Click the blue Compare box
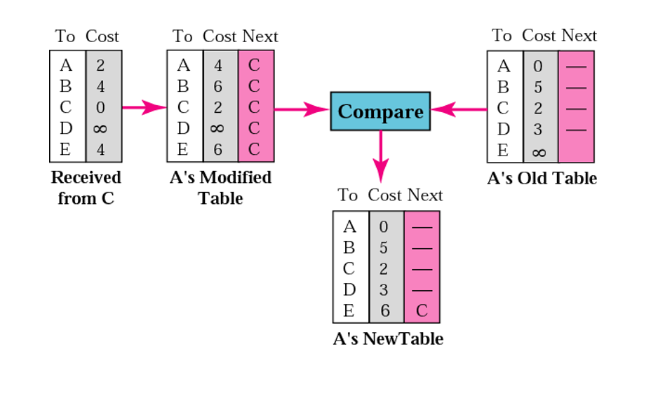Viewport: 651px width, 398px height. [x=380, y=111]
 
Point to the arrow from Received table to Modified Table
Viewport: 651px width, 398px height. [x=144, y=107]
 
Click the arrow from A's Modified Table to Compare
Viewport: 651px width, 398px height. [x=302, y=109]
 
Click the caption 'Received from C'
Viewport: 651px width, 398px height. [x=86, y=188]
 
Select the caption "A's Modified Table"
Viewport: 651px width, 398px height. [x=220, y=188]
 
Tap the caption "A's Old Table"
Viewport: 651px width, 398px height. [x=542, y=178]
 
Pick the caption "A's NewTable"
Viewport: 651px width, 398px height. [x=388, y=339]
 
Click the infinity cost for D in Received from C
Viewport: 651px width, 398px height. [x=100, y=128]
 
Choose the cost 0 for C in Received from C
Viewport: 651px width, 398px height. [x=100, y=107]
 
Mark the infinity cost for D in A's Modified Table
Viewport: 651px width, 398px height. [x=217, y=128]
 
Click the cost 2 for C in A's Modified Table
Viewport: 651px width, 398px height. [x=217, y=107]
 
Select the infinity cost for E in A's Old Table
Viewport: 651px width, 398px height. [x=538, y=151]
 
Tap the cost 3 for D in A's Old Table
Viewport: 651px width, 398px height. [x=538, y=130]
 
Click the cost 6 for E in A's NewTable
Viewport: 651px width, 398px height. [x=384, y=310]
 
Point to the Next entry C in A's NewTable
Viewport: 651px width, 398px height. [x=422, y=310]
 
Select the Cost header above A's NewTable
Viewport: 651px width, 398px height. [x=384, y=195]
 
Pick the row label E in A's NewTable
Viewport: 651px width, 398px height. [x=349, y=310]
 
